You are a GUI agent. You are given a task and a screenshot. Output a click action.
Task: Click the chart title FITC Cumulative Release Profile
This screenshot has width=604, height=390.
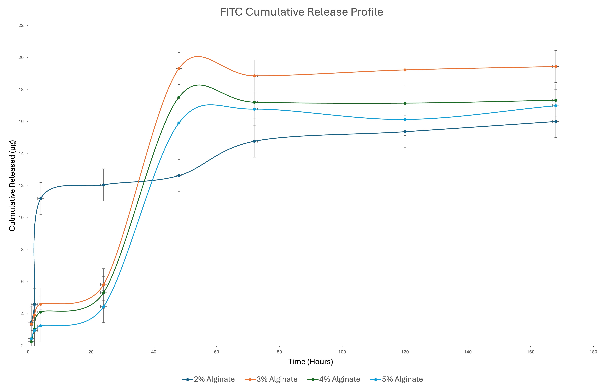pos(301,12)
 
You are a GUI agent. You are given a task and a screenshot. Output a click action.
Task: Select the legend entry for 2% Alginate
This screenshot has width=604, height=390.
pos(208,379)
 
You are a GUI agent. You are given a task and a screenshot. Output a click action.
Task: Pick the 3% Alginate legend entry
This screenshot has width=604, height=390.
pos(271,379)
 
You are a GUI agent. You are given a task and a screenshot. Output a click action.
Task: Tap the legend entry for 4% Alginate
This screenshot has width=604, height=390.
pos(334,379)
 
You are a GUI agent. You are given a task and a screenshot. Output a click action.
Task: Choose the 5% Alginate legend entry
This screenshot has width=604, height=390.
pos(397,379)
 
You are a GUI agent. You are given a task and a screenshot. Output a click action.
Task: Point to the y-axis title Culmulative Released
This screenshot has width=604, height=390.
pos(12,186)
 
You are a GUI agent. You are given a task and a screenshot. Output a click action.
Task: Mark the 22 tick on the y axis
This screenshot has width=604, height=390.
pos(21,26)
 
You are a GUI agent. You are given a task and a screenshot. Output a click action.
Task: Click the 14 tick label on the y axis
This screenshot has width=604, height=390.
pos(21,154)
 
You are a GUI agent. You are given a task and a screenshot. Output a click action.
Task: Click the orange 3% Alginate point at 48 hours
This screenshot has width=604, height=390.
pos(179,68)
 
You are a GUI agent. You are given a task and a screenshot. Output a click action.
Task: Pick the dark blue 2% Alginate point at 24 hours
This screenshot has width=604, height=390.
pos(103,185)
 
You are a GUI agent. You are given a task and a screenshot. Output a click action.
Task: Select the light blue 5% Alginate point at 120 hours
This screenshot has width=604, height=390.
pos(405,120)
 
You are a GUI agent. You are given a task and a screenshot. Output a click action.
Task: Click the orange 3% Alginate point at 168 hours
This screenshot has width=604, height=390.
pos(556,67)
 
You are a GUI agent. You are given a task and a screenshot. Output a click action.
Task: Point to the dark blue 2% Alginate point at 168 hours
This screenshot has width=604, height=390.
pos(556,122)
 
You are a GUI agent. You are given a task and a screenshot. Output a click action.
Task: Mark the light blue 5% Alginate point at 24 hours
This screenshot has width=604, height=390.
pos(103,307)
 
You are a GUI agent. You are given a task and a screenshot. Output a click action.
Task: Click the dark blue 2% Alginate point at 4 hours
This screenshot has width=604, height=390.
pos(41,198)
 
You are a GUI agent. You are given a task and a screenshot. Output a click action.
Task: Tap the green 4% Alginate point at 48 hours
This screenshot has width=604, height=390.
pos(179,97)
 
